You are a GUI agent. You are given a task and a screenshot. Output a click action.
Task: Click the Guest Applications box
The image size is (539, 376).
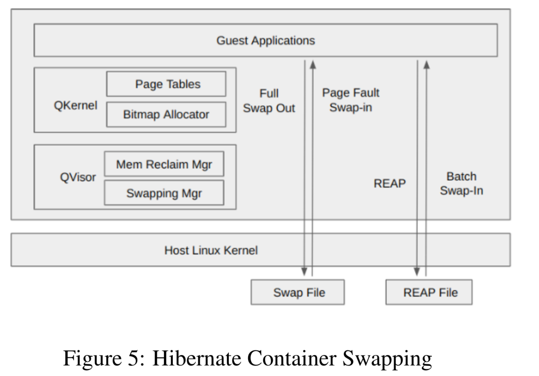pyautogui.click(x=266, y=40)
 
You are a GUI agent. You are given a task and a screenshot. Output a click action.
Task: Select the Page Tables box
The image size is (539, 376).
pyautogui.click(x=166, y=84)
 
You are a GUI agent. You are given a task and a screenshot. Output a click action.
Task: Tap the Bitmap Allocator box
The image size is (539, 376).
pyautogui.click(x=166, y=114)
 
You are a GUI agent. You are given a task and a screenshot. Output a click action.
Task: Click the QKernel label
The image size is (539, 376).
pyautogui.click(x=75, y=105)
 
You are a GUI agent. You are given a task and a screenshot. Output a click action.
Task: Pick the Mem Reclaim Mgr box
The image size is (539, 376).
pyautogui.click(x=164, y=164)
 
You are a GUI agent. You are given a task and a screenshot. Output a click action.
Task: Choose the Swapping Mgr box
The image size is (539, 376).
pyautogui.click(x=164, y=193)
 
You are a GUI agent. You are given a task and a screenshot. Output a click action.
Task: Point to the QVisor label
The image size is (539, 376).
pyautogui.click(x=78, y=177)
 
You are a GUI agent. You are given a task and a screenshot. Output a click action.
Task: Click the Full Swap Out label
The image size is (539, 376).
pyautogui.click(x=269, y=101)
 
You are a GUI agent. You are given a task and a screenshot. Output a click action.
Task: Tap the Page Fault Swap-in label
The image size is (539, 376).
pyautogui.click(x=351, y=100)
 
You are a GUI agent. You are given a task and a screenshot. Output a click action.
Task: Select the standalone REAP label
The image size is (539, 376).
pyautogui.click(x=390, y=183)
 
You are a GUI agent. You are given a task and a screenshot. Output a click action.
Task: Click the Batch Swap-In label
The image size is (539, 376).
pyautogui.click(x=461, y=184)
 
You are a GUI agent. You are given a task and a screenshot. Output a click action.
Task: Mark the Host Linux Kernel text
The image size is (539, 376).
pyautogui.click(x=211, y=250)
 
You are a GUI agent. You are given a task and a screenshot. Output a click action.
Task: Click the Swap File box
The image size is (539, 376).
pyautogui.click(x=298, y=292)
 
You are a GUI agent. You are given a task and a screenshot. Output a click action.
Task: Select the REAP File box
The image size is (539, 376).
pyautogui.click(x=429, y=292)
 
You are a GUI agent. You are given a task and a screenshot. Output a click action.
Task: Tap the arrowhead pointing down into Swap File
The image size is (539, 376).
pyautogui.click(x=304, y=272)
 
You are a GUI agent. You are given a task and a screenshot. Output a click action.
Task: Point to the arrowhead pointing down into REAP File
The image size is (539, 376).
pyautogui.click(x=417, y=272)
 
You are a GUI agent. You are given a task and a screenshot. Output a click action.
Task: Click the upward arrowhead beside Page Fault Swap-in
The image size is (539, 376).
pyautogui.click(x=313, y=64)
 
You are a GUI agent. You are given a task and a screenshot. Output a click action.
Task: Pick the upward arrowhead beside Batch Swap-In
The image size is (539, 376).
pyautogui.click(x=426, y=64)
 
